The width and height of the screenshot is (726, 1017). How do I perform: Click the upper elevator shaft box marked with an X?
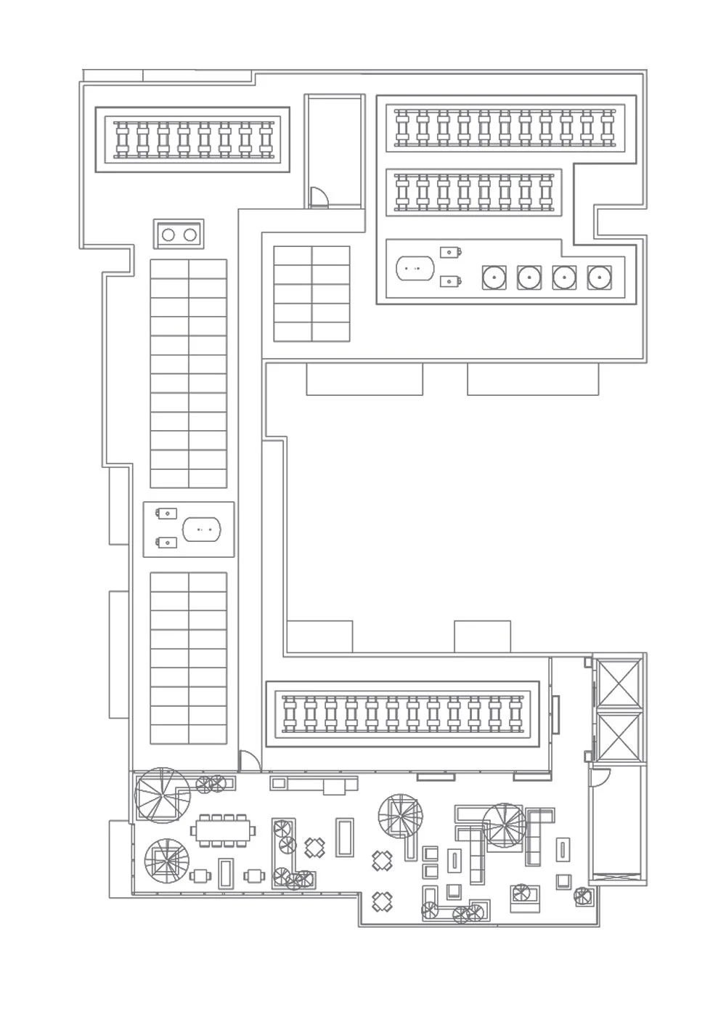pyautogui.click(x=618, y=683)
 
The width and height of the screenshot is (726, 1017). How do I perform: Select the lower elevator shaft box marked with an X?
pyautogui.click(x=618, y=737)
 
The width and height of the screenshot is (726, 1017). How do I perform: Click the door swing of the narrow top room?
pyautogui.click(x=317, y=198)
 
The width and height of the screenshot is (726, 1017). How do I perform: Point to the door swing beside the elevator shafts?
pyautogui.click(x=597, y=779)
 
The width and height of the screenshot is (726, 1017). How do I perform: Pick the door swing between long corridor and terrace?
pyautogui.click(x=248, y=761)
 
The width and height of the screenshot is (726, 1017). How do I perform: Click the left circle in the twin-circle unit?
pyautogui.click(x=169, y=235)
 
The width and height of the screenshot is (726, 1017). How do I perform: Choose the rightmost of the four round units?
pyautogui.click(x=599, y=277)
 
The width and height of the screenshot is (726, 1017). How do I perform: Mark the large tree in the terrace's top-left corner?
pyautogui.click(x=161, y=795)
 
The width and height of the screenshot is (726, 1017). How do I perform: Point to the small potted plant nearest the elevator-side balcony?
pyautogui.click(x=582, y=896)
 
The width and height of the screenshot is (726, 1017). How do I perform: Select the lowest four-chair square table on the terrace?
pyautogui.click(x=383, y=902)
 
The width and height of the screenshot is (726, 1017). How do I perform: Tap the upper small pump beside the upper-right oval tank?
pyautogui.click(x=451, y=253)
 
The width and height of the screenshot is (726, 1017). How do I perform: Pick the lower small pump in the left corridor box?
pyautogui.click(x=167, y=542)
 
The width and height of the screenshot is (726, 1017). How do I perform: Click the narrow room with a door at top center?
pyautogui.click(x=334, y=151)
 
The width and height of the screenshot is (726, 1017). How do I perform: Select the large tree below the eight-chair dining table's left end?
pyautogui.click(x=168, y=862)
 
